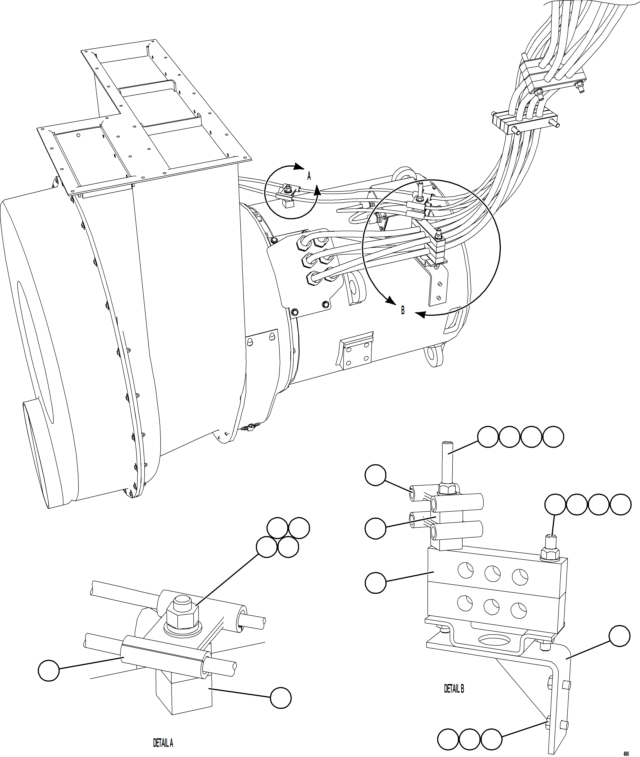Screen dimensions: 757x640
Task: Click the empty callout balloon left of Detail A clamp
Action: [49, 671]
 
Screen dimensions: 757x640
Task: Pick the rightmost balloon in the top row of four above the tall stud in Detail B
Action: [553, 437]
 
